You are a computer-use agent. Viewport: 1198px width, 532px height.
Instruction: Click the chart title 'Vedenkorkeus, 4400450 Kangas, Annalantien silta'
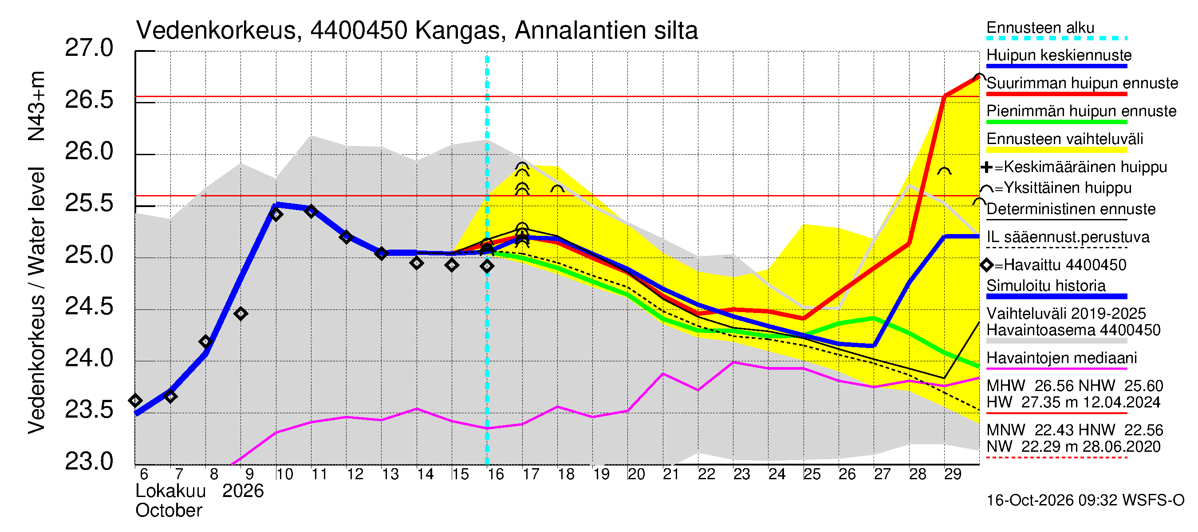417,31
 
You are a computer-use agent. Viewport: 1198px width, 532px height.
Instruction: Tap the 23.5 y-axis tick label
89,410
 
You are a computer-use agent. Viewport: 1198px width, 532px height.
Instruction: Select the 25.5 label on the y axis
89,203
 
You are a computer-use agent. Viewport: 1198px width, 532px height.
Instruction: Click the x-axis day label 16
495,474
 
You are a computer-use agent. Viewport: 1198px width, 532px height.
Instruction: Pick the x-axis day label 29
953,474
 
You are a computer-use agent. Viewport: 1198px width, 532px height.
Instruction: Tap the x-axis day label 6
144,474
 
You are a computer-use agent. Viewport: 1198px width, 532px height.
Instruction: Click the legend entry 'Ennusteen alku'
1040,28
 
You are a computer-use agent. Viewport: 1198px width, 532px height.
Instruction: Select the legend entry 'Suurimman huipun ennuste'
1082,83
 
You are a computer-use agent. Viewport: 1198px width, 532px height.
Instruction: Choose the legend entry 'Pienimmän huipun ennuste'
1081,111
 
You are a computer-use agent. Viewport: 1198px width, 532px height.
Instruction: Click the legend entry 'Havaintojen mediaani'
1062,358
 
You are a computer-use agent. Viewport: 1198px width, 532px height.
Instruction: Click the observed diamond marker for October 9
240,314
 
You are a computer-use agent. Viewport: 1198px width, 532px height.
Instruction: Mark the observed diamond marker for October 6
135,400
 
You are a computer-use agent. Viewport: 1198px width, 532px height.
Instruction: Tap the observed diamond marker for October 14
417,263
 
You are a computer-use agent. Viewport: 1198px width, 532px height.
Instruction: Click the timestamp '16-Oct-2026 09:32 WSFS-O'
1085,501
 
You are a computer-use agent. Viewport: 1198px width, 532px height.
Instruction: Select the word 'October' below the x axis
169,511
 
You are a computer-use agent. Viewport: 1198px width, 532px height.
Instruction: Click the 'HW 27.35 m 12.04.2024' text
1073,403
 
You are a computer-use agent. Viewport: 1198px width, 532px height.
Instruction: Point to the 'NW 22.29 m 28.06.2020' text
1073,447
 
